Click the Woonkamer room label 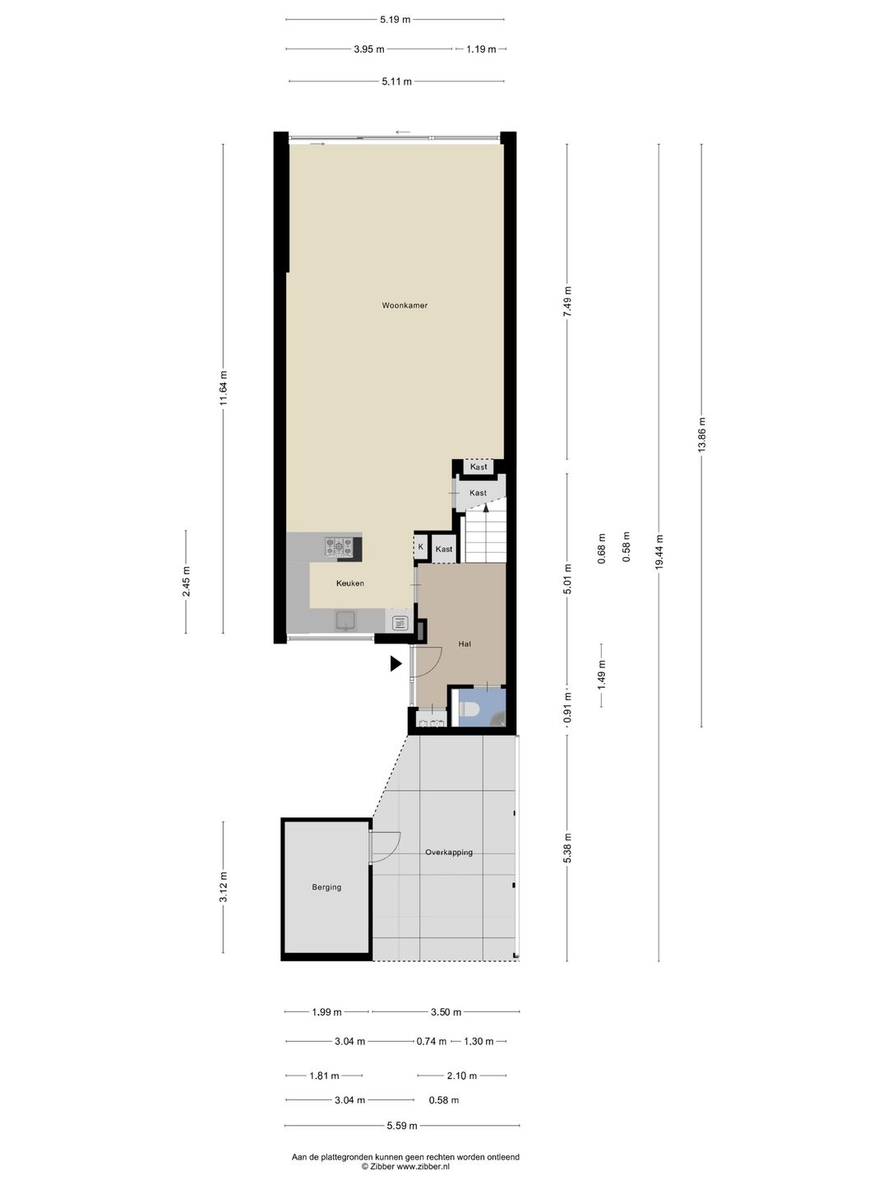[405, 305]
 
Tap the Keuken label [349, 583]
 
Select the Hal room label [465, 644]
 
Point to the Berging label [326, 887]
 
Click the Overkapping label [449, 853]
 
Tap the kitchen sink [345, 620]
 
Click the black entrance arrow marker [395, 663]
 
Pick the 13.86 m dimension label [701, 435]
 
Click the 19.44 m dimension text [659, 552]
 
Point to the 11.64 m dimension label [223, 388]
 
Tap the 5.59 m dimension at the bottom [402, 1126]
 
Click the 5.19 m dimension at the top [395, 19]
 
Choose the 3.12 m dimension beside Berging [223, 887]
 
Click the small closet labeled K [421, 546]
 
